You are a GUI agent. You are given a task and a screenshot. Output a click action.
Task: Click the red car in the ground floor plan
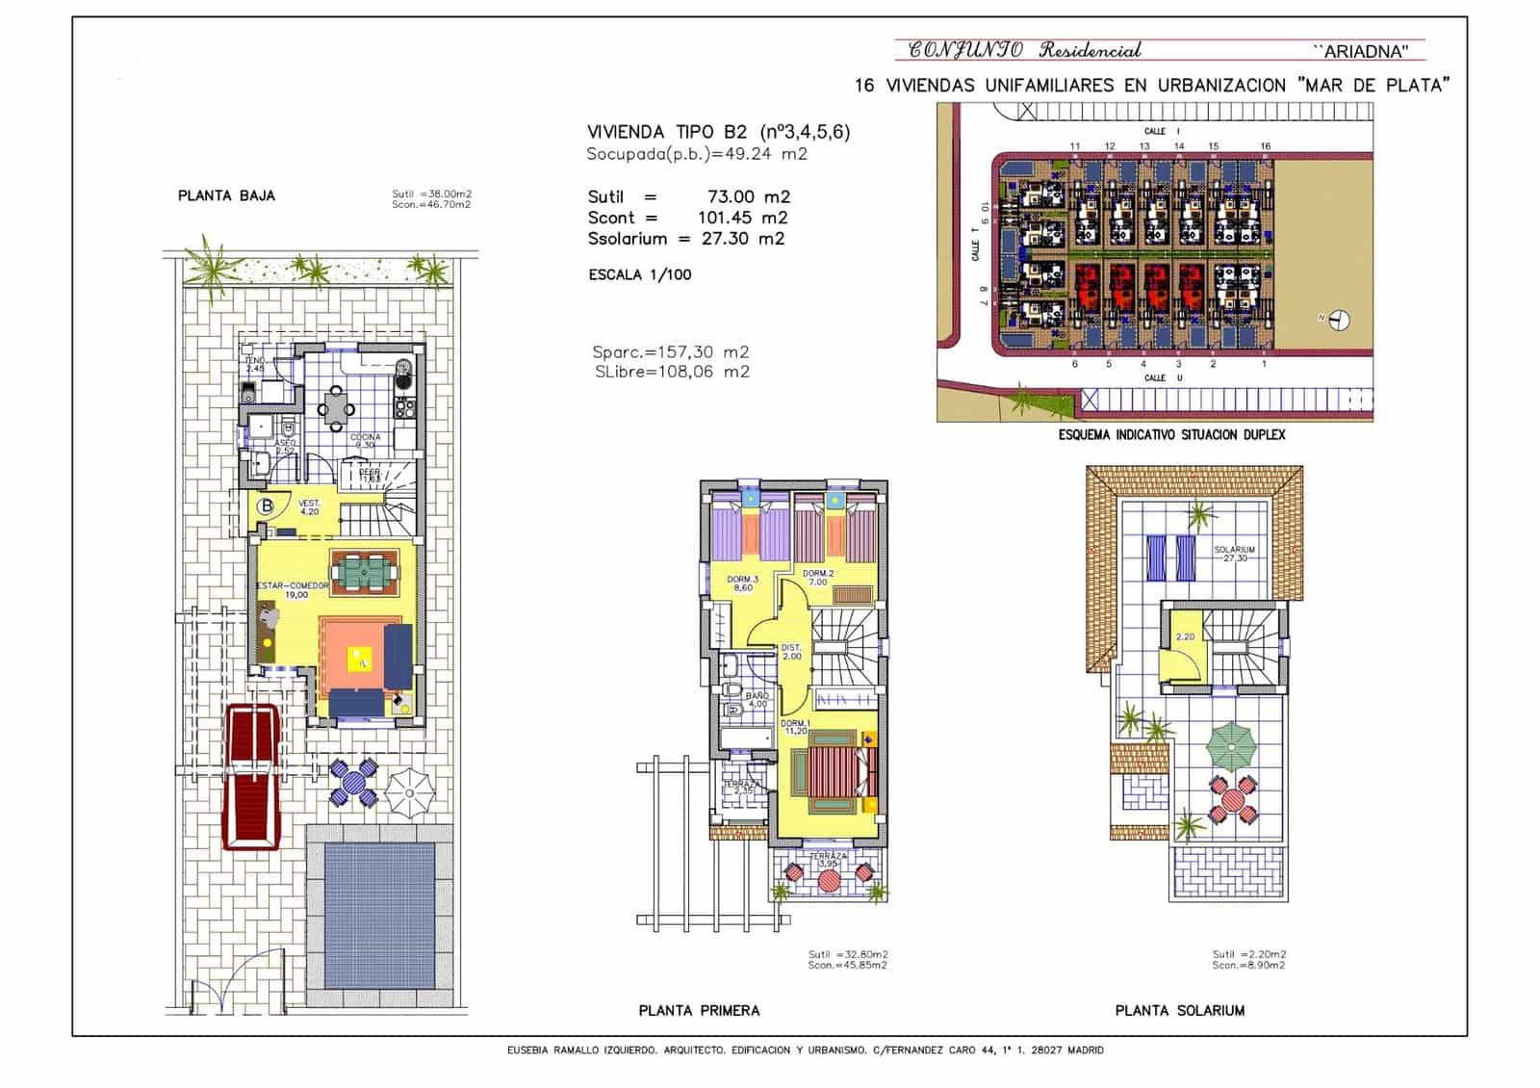pyautogui.click(x=252, y=776)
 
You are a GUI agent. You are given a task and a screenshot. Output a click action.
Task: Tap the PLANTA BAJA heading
pyautogui.click(x=226, y=195)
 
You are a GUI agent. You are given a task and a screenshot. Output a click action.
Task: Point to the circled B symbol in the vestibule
pyautogui.click(x=268, y=506)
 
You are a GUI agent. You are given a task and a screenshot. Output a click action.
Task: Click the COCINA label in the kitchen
pyautogui.click(x=365, y=438)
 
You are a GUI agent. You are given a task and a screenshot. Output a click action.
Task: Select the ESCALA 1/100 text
pyautogui.click(x=639, y=274)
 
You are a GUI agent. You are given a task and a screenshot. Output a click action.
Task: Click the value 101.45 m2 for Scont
pyautogui.click(x=742, y=218)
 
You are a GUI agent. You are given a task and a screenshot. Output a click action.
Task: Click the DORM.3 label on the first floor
pyautogui.click(x=742, y=580)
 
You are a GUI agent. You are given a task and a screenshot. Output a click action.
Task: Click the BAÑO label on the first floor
pyautogui.click(x=757, y=695)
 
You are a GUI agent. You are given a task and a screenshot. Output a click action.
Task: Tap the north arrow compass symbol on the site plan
pyautogui.click(x=1339, y=321)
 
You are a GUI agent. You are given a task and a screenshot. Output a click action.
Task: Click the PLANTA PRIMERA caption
pyautogui.click(x=699, y=1010)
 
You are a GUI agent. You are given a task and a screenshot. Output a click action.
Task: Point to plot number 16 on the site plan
pyautogui.click(x=1265, y=146)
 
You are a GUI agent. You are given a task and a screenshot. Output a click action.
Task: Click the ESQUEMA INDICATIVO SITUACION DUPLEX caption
pyautogui.click(x=1170, y=434)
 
